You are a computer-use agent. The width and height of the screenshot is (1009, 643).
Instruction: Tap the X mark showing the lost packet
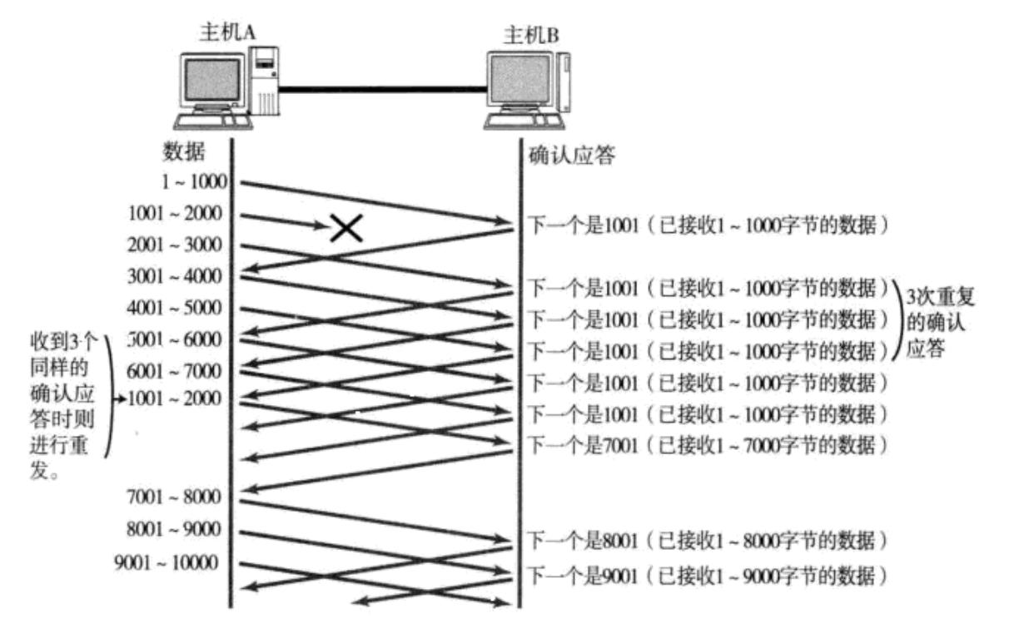click(x=346, y=227)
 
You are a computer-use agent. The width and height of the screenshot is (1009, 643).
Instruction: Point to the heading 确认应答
click(x=572, y=156)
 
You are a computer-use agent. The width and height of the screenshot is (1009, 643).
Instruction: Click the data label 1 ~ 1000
click(x=191, y=183)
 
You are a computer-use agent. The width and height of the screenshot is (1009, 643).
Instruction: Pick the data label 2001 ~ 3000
click(x=175, y=245)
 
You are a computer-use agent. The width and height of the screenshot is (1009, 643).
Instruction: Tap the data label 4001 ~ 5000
click(x=175, y=307)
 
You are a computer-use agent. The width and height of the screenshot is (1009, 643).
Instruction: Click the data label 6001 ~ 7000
click(x=175, y=369)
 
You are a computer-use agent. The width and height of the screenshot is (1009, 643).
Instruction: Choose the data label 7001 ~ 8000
click(x=175, y=497)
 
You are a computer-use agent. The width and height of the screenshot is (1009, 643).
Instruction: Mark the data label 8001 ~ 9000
click(x=175, y=529)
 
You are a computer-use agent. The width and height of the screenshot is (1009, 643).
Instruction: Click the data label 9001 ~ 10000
click(x=167, y=561)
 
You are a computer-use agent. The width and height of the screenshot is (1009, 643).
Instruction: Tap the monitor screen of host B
click(x=523, y=83)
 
